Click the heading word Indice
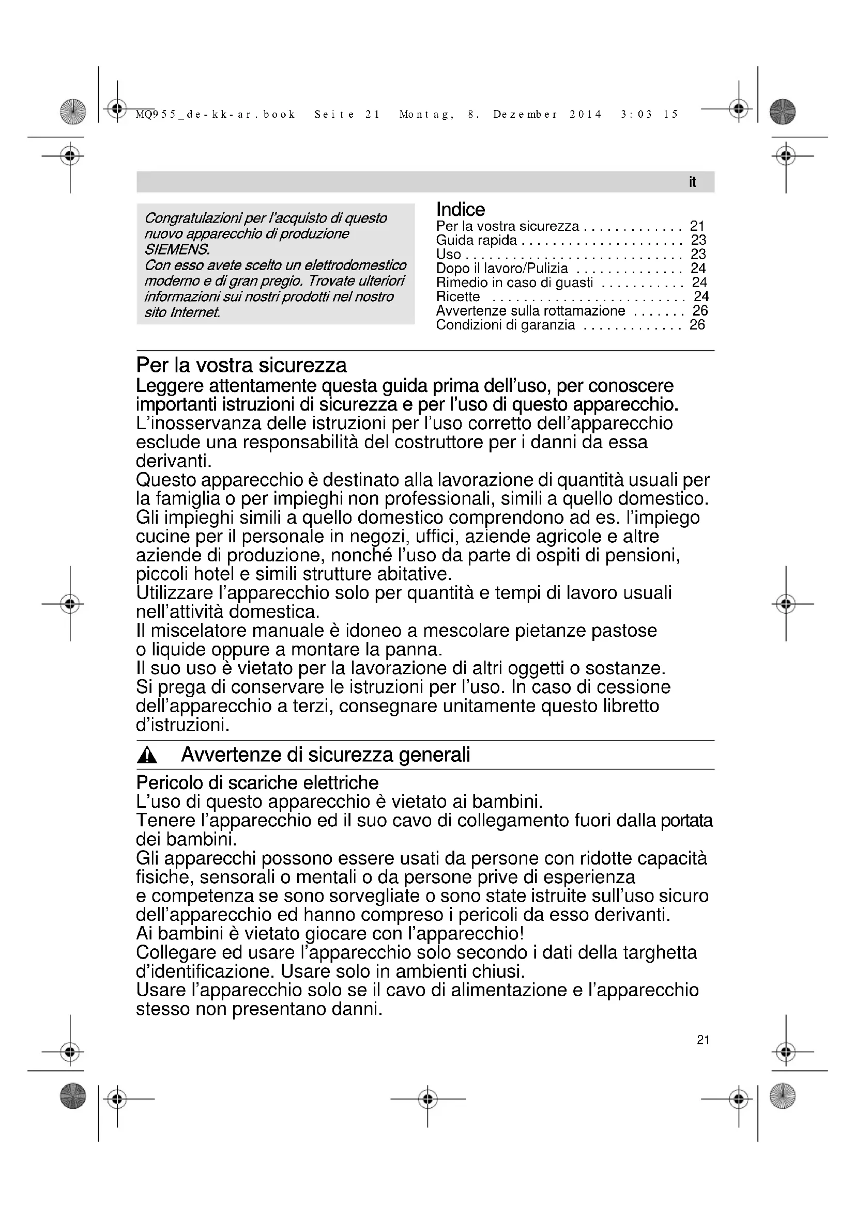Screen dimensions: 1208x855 (x=460, y=209)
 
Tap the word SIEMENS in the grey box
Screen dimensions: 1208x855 (x=177, y=249)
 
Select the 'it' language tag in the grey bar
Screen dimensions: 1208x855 (x=692, y=182)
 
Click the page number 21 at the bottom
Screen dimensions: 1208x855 (x=703, y=1040)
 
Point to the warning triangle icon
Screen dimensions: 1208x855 (x=147, y=756)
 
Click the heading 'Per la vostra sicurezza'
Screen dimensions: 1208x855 (x=241, y=365)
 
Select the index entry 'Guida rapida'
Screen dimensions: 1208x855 (x=477, y=241)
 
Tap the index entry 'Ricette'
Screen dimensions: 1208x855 (x=457, y=297)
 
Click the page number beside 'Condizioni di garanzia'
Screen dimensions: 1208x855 (x=697, y=325)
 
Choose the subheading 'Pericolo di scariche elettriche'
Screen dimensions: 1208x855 (x=257, y=783)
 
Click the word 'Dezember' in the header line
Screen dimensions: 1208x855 (x=525, y=115)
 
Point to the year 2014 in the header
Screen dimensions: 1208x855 (x=586, y=115)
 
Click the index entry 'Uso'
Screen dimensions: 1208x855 (x=449, y=255)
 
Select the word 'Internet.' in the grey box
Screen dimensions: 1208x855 (x=195, y=312)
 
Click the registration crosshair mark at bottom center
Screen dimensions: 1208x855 (x=427, y=1099)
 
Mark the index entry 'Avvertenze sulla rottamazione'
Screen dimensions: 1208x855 (x=530, y=311)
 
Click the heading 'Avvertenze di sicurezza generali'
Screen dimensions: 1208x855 (x=325, y=755)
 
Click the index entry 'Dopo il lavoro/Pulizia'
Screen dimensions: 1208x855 (x=502, y=269)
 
